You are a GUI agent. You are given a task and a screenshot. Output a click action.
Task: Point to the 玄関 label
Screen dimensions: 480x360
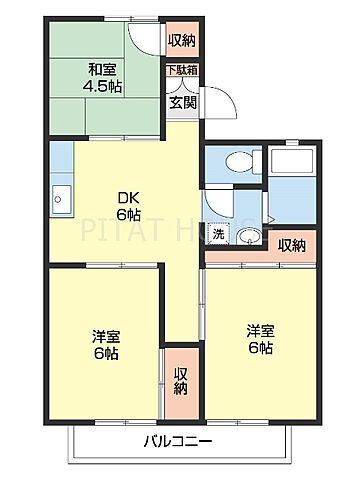[181, 102]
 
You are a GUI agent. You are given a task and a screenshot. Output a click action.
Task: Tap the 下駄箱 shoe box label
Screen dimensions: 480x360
[181, 70]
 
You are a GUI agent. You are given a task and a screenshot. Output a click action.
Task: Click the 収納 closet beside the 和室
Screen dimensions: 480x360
[181, 41]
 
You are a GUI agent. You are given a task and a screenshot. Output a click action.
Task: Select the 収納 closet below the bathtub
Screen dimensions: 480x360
[291, 246]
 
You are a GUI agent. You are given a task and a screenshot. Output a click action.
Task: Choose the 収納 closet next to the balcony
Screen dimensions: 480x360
[181, 381]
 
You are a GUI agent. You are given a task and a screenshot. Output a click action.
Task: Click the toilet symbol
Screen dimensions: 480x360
[236, 163]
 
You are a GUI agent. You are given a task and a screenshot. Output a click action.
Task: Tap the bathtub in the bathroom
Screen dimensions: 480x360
[291, 185]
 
